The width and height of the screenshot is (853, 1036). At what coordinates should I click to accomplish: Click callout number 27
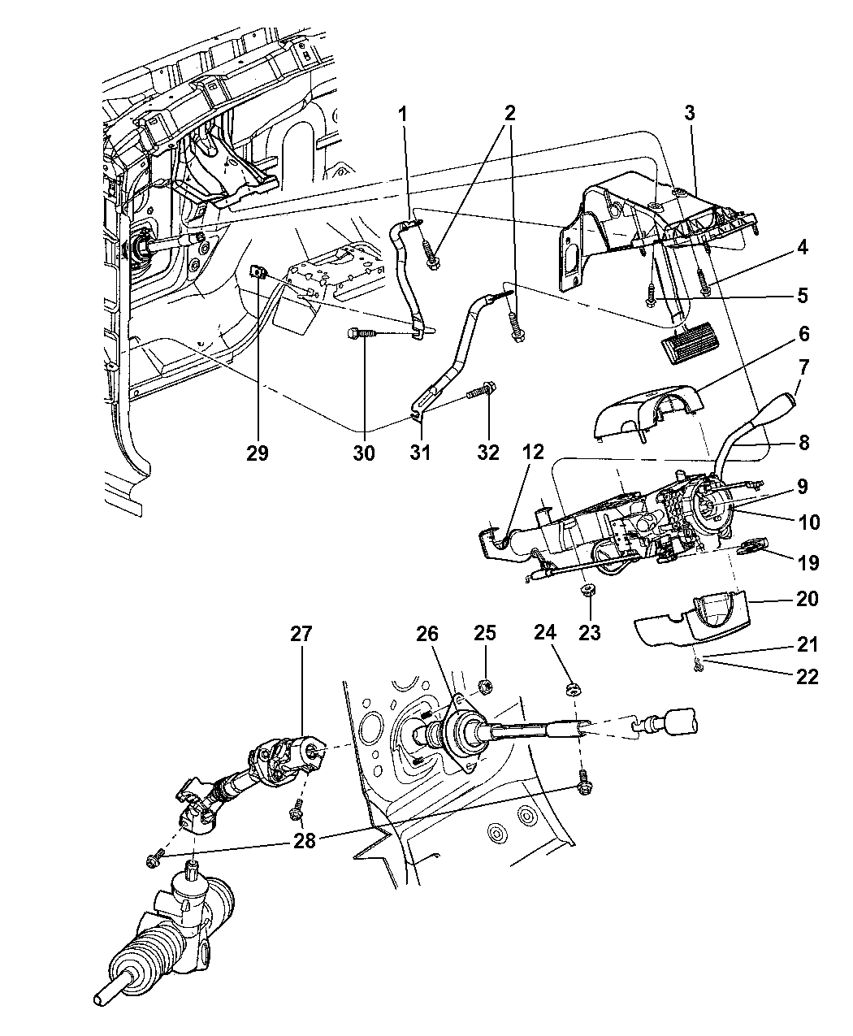coord(301,634)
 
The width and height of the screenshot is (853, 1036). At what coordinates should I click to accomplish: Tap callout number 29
coord(259,452)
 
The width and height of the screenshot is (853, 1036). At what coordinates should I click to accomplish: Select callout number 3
coord(689,114)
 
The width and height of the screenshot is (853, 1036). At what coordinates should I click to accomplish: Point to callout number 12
coord(535,452)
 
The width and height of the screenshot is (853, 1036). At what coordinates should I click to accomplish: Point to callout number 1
coord(402,114)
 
